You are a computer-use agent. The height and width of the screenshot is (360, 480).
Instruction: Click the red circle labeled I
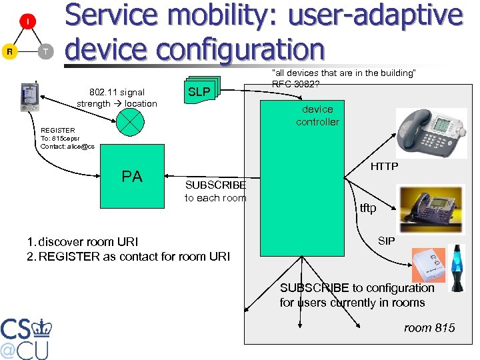(27, 22)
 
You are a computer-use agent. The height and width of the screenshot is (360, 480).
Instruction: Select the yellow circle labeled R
(9, 52)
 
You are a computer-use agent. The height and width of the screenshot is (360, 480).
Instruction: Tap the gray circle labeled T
(45, 52)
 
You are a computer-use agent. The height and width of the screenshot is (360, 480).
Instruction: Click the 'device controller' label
(317, 115)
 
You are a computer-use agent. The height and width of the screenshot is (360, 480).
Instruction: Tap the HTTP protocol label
(384, 166)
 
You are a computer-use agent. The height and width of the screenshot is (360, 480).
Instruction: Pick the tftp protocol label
(368, 208)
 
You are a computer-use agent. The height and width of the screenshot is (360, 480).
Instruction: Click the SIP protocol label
(386, 240)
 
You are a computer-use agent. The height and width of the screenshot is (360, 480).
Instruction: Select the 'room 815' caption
(429, 327)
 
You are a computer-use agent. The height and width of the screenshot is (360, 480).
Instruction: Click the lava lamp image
(459, 268)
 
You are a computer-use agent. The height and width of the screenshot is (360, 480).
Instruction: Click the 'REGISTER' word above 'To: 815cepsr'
(58, 130)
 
